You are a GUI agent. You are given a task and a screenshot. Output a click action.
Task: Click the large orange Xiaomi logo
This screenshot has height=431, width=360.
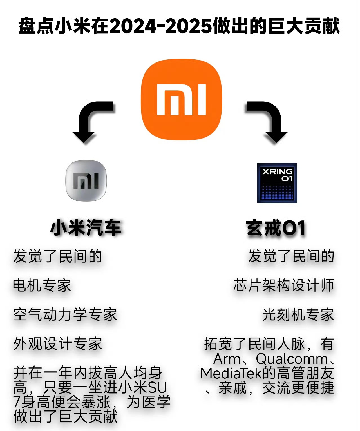tap(182, 99)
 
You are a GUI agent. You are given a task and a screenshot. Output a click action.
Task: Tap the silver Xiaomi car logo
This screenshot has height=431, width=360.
tap(86, 181)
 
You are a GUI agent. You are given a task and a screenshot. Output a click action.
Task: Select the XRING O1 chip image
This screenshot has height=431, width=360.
tap(277, 183)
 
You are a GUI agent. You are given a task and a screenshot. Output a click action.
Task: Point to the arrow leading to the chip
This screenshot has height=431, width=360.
tap(274, 116)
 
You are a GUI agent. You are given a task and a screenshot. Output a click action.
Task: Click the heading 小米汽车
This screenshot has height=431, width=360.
tap(86, 227)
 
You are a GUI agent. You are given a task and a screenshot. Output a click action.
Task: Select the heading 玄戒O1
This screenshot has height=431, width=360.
tap(276, 227)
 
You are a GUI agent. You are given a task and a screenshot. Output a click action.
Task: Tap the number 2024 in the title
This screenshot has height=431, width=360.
tap(133, 26)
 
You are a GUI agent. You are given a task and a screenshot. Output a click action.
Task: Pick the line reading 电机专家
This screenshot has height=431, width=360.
tap(42, 285)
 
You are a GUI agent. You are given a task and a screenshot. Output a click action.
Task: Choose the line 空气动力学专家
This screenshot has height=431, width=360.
tap(65, 314)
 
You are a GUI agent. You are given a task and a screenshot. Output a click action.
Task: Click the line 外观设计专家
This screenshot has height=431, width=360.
tap(58, 344)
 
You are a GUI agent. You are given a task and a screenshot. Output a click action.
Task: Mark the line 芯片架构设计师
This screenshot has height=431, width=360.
tap(284, 285)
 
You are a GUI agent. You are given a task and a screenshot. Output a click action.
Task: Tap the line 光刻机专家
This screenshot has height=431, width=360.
tap(298, 314)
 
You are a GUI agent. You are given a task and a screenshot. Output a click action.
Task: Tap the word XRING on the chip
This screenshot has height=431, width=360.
tap(277, 171)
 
